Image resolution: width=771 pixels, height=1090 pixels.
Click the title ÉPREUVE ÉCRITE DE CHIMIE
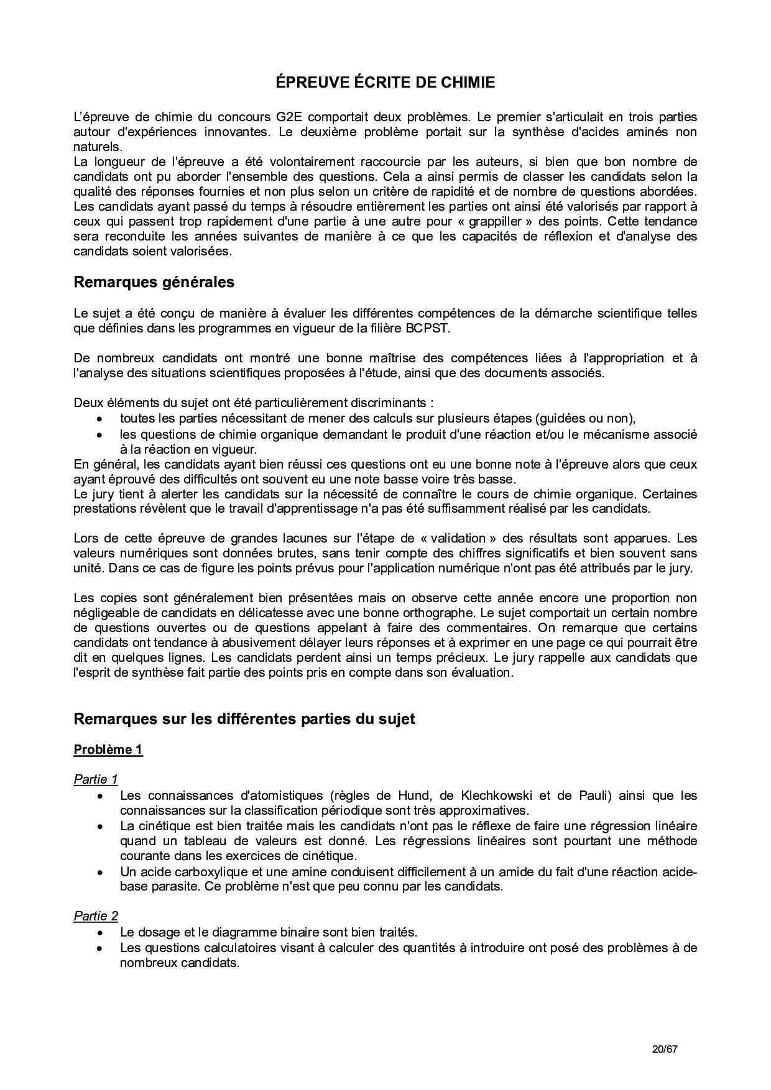(x=386, y=83)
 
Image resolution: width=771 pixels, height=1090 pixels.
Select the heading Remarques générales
(x=154, y=282)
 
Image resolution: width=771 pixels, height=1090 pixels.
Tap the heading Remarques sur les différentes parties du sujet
(x=244, y=719)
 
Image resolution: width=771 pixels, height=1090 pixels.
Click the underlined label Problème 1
(x=108, y=749)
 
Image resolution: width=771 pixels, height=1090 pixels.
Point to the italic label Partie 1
(x=96, y=779)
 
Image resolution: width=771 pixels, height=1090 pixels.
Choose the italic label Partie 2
(x=96, y=916)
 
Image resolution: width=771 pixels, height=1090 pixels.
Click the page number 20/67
(x=664, y=1049)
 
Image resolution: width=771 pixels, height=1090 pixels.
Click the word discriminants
(x=386, y=403)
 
